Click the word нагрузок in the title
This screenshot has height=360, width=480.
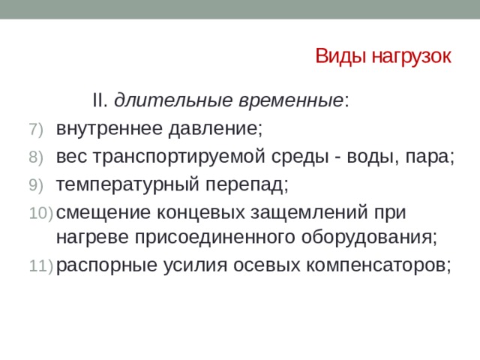pos(403,58)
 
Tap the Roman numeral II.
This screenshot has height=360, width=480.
pos(100,100)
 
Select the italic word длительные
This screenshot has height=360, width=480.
pos(174,100)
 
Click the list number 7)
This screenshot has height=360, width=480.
pos(38,129)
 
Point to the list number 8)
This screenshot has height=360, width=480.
pos(38,157)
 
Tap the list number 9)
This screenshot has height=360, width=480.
pos(38,185)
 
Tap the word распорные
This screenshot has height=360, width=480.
pos(103,265)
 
